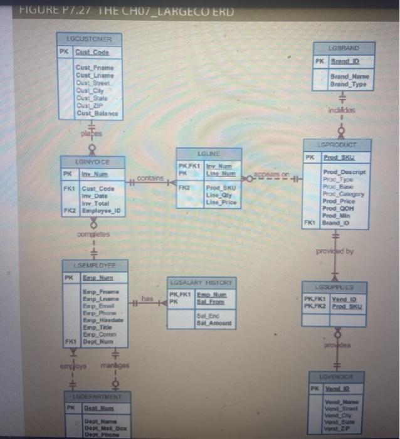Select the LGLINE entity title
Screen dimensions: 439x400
208,152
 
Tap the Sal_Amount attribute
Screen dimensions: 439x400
214,323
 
